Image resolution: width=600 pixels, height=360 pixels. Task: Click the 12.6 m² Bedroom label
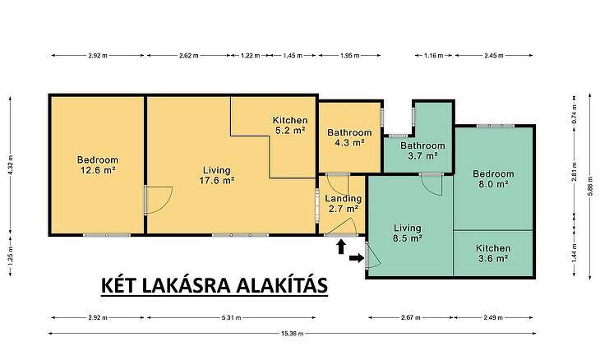click(x=98, y=165)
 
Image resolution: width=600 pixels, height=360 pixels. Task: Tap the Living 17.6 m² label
click(x=217, y=175)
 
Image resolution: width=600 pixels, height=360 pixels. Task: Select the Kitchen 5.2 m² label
click(x=290, y=125)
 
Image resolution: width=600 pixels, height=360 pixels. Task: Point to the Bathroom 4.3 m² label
click(x=349, y=138)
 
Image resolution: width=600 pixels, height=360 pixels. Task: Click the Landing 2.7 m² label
click(x=344, y=204)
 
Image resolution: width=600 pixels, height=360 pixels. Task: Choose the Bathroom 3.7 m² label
click(x=422, y=150)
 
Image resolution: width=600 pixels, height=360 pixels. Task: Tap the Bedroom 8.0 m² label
click(x=493, y=178)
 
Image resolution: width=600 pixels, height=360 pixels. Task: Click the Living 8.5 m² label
click(x=408, y=233)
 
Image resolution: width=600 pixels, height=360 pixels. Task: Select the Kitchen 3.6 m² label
click(x=493, y=253)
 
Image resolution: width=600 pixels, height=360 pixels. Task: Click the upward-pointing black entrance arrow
click(x=341, y=247)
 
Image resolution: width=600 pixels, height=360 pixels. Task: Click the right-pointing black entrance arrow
click(x=357, y=258)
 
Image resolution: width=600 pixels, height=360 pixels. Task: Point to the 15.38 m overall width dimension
click(x=293, y=333)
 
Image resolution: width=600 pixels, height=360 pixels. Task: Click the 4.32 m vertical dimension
click(x=11, y=164)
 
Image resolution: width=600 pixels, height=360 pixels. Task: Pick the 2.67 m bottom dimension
click(x=411, y=317)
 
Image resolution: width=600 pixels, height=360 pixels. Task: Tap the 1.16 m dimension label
click(x=433, y=55)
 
